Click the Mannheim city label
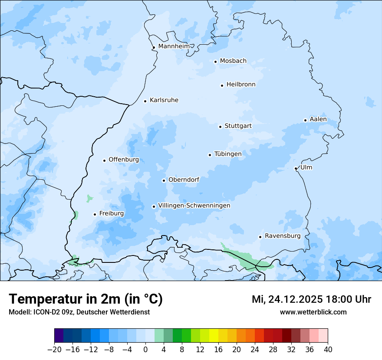(174, 46)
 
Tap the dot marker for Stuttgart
(220, 127)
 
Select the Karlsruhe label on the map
(164, 100)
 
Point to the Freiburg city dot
(95, 214)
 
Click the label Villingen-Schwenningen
(194, 206)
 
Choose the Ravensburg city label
(282, 236)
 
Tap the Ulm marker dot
(296, 168)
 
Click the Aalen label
(318, 119)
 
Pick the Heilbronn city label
(241, 85)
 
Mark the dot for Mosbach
(215, 62)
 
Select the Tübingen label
(227, 154)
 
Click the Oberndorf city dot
(164, 180)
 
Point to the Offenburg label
(123, 160)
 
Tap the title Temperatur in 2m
(86, 299)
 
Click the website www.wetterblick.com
(313, 312)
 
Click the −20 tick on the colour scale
(54, 350)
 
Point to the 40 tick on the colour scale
(328, 350)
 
